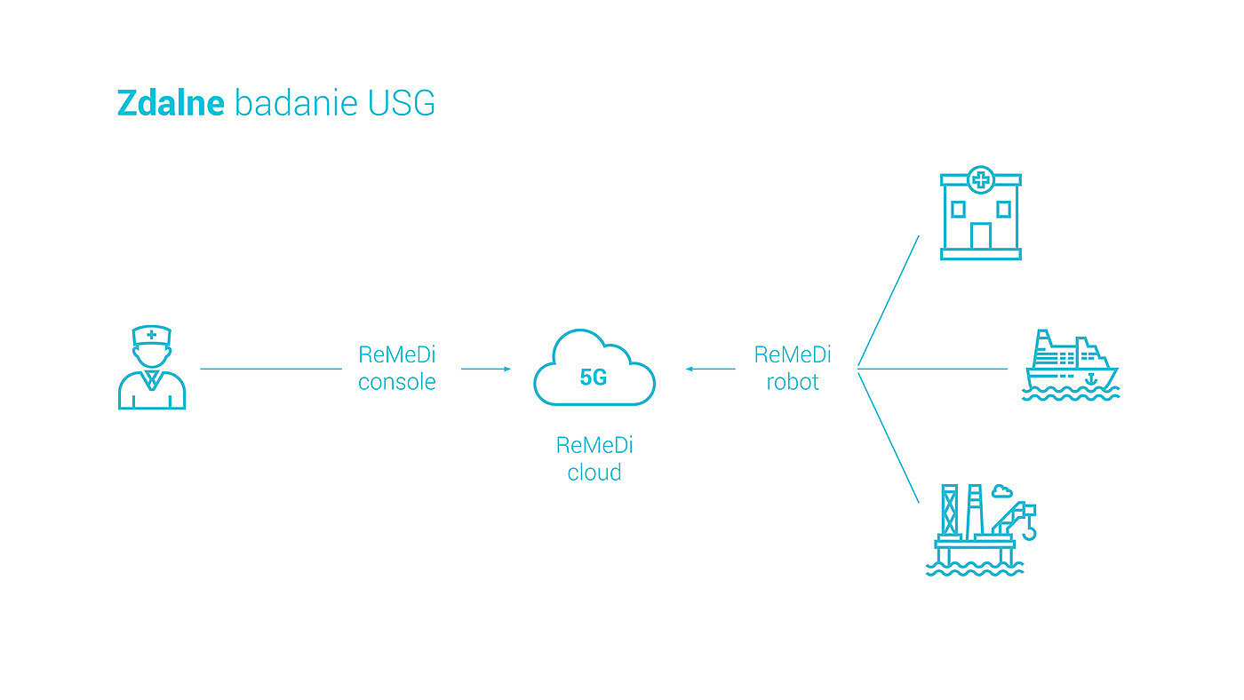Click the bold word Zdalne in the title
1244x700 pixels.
171,104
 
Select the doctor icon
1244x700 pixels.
152,368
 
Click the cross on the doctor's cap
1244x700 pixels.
152,335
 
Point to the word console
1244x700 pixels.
397,383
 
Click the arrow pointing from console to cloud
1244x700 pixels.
486,368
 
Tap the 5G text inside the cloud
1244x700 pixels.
594,378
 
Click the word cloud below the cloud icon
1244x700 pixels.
594,473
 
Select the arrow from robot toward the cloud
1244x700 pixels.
710,368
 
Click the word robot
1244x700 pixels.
793,383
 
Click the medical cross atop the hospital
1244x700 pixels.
981,180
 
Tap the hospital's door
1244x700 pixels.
981,236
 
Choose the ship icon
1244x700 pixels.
1071,365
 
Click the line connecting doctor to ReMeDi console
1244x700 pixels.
271,368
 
